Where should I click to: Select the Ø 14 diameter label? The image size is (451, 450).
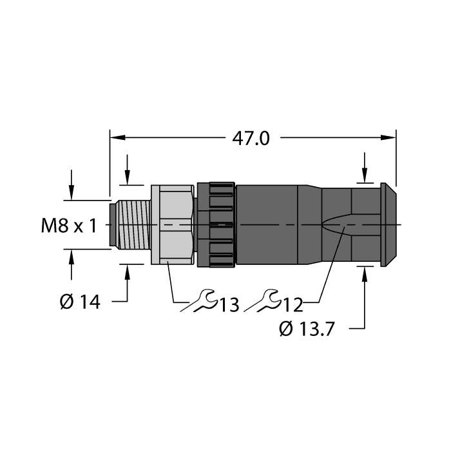coord(81,301)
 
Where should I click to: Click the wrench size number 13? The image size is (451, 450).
coord(227,303)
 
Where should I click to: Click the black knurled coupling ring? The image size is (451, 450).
coord(216,224)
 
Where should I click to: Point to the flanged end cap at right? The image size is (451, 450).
coord(387,224)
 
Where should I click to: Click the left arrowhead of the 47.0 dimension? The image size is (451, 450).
coord(117,137)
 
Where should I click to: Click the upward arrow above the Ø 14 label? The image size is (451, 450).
coord(127,271)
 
